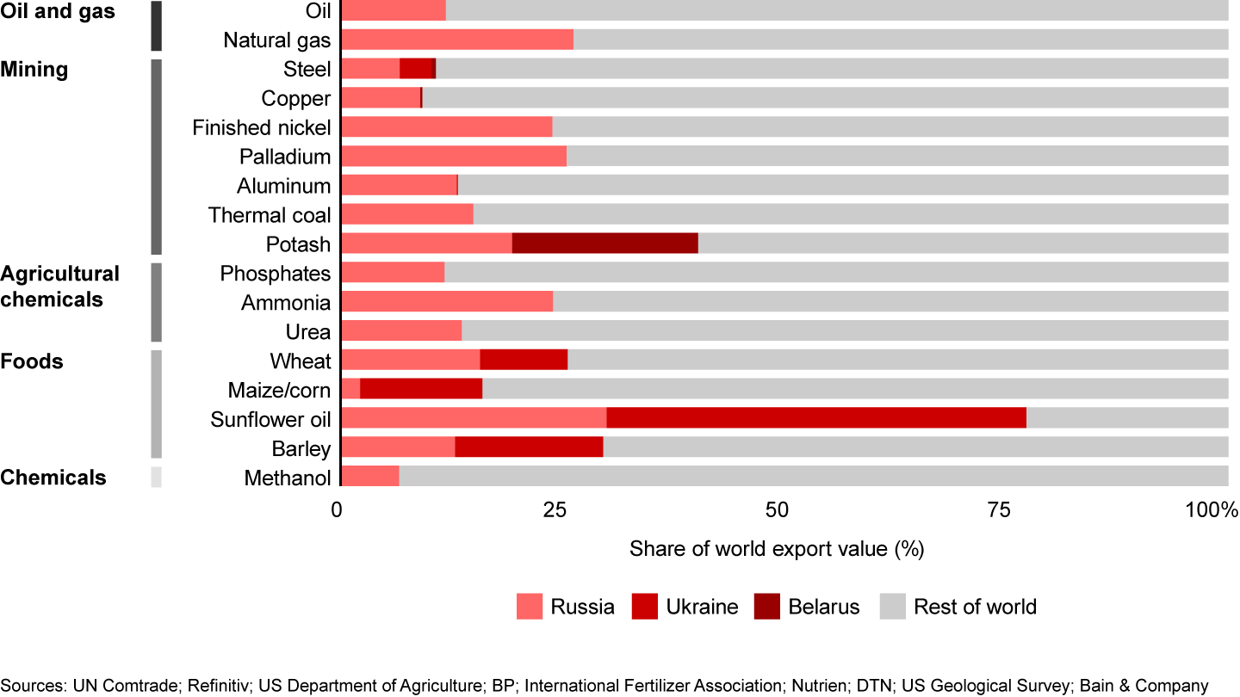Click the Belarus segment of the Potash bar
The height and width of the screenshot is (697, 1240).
[604, 244]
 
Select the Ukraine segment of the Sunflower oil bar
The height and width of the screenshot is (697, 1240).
[816, 418]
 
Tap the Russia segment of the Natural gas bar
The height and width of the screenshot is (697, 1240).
[457, 40]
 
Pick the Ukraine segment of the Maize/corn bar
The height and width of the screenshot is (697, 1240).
[421, 389]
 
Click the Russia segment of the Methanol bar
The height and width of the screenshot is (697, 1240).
[370, 477]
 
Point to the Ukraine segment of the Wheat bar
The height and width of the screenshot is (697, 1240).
[524, 360]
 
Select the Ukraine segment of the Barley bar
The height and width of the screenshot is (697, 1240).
[529, 447]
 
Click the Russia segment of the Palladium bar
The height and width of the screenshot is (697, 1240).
[454, 156]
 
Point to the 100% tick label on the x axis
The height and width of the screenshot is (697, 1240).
[1212, 510]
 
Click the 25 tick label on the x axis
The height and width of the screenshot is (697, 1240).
[555, 510]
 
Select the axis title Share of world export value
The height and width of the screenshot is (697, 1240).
[777, 549]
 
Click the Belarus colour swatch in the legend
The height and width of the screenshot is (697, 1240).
[766, 607]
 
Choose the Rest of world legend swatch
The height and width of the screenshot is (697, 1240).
[892, 607]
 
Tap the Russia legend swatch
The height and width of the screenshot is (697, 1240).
[530, 607]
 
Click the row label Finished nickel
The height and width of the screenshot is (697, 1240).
[261, 127]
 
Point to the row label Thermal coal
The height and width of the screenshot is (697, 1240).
[269, 215]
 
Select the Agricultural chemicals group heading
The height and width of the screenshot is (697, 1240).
[59, 287]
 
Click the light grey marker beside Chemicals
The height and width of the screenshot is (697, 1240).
[156, 477]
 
